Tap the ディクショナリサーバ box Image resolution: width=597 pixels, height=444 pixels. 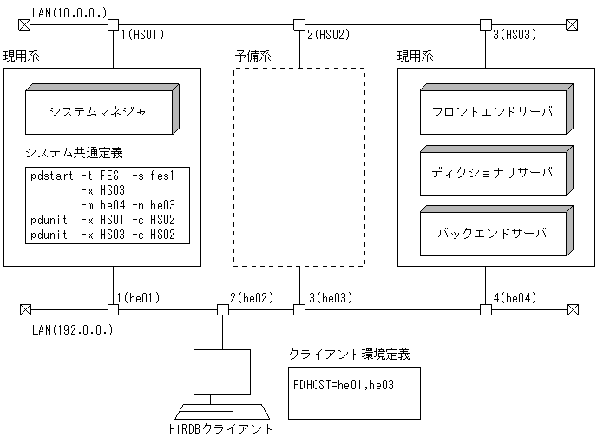tap(493, 172)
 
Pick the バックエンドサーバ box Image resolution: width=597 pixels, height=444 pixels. tap(493, 233)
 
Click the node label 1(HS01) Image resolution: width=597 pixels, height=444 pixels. tap(143, 35)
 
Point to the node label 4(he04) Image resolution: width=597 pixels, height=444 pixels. tap(515, 298)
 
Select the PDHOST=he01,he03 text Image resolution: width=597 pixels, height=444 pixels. tap(344, 383)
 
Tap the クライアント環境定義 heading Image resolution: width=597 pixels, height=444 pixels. tap(349, 355)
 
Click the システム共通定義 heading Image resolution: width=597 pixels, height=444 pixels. tap(75, 153)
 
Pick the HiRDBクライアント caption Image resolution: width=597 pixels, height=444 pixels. tap(220, 429)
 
